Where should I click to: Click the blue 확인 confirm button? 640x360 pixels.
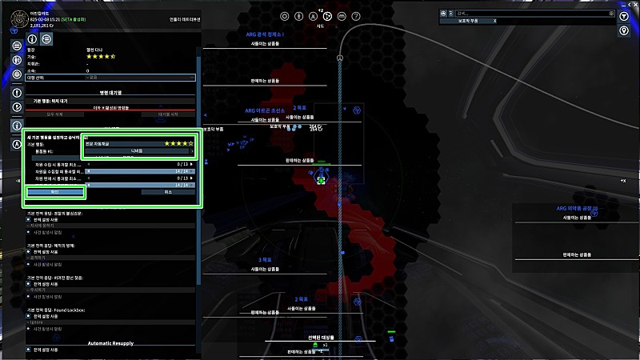tap(54, 192)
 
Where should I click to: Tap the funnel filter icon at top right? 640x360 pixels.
tap(623, 13)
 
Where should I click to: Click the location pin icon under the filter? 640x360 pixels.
tap(623, 30)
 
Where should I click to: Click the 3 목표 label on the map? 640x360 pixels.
tap(266, 259)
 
